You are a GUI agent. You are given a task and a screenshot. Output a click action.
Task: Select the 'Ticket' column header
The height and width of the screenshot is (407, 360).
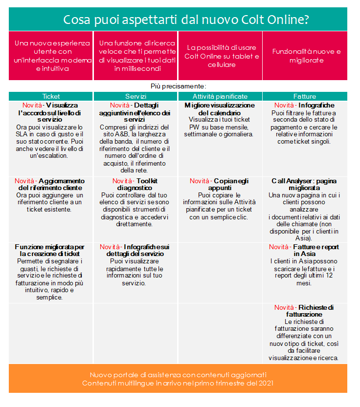pyautogui.click(x=51, y=96)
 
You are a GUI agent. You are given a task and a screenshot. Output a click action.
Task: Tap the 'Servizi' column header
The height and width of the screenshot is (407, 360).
pyautogui.click(x=135, y=96)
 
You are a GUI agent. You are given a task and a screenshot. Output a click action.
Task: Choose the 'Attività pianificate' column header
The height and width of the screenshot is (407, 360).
pyautogui.click(x=220, y=96)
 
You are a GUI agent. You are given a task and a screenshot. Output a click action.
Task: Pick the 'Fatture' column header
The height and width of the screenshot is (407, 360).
pyautogui.click(x=304, y=96)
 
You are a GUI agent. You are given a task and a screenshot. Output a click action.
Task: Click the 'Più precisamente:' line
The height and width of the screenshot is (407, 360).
pyautogui.click(x=178, y=86)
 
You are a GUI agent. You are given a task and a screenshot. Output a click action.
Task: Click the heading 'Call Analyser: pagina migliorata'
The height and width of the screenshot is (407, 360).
pyautogui.click(x=304, y=184)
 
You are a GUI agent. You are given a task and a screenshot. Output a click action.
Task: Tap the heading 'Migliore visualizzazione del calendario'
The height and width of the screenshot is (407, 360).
pyautogui.click(x=220, y=109)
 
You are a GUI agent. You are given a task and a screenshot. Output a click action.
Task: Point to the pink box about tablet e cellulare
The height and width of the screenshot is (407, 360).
pyautogui.click(x=220, y=56)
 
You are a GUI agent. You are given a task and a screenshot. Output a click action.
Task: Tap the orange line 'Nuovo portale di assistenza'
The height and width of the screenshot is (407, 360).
pyautogui.click(x=178, y=374)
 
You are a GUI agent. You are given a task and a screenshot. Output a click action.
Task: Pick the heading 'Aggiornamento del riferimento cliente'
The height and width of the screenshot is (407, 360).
pyautogui.click(x=51, y=184)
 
